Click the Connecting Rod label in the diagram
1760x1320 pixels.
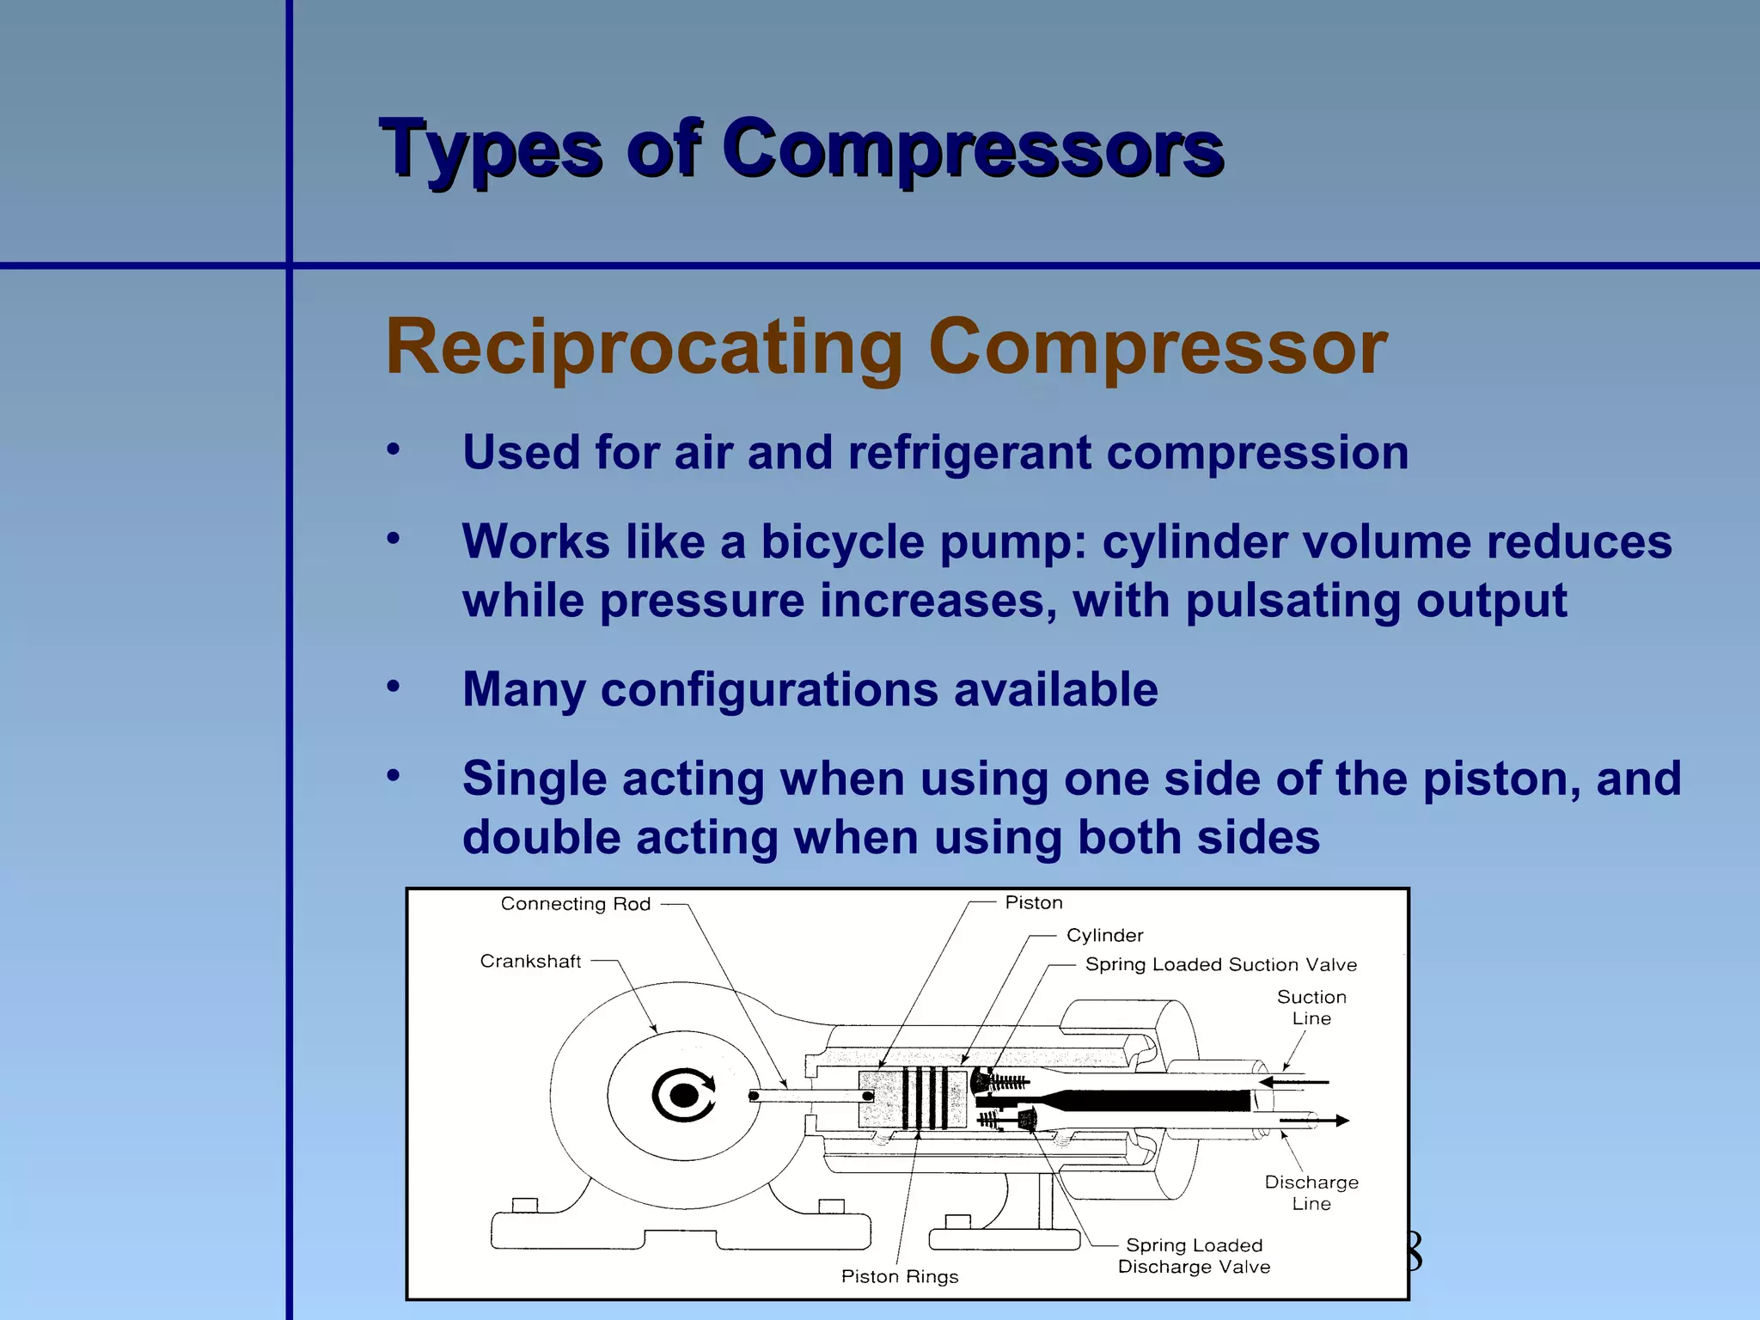click(x=575, y=904)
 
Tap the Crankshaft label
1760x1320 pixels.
click(x=530, y=962)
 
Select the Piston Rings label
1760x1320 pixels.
click(x=899, y=1276)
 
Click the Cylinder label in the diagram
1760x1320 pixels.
click(x=1104, y=935)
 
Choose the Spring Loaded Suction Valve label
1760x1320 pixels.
click(x=1220, y=964)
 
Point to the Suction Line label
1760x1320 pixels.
click(x=1311, y=1007)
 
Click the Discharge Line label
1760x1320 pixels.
click(x=1311, y=1193)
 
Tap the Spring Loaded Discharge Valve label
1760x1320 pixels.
click(x=1194, y=1256)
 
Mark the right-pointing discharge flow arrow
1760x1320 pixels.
click(x=1316, y=1121)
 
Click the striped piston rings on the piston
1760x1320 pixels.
click(x=925, y=1097)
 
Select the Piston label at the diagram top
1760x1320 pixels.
click(x=1034, y=902)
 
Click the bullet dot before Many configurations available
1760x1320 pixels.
click(x=394, y=687)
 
